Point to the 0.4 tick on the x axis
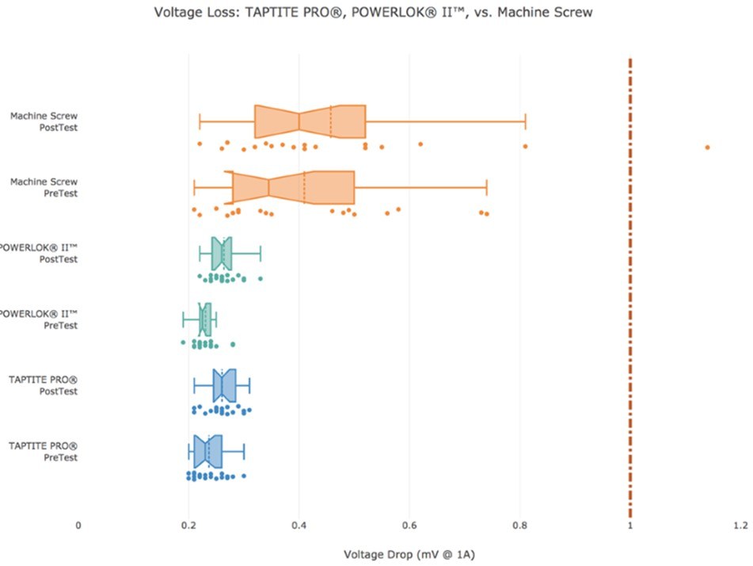tap(299, 525)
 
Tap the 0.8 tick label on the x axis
tap(519, 525)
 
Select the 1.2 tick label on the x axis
tap(740, 525)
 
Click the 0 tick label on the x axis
tap(78, 525)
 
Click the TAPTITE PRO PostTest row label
tap(44, 385)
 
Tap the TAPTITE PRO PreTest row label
tap(44, 451)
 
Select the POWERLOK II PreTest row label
tap(39, 319)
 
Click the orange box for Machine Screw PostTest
tap(310, 121)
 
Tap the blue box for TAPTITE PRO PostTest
tap(224, 386)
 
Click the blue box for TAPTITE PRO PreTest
tap(208, 451)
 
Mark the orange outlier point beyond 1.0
tap(707, 147)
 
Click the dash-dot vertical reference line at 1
tap(629, 317)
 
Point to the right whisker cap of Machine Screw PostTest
tap(525, 121)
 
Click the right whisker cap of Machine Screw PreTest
tap(486, 187)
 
